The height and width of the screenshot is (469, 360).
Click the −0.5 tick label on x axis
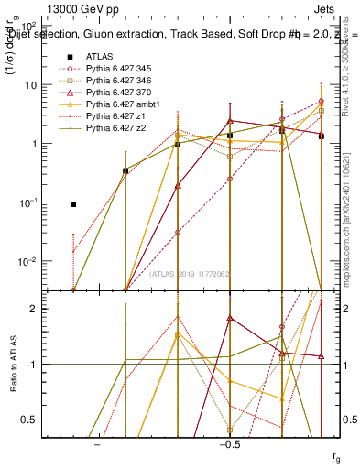(229, 444)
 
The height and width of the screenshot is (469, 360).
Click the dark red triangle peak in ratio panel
(230, 318)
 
